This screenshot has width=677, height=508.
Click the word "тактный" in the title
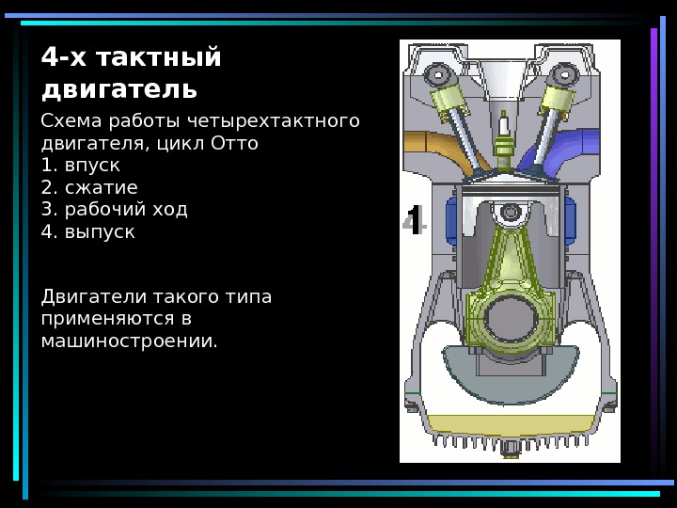[x=154, y=58]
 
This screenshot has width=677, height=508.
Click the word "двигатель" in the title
[x=119, y=89]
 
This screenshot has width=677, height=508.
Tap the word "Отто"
[x=234, y=145]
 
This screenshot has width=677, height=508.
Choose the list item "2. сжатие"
[x=89, y=187]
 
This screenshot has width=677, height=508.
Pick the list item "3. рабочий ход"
[x=115, y=209]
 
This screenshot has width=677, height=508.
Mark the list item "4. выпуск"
[x=88, y=230]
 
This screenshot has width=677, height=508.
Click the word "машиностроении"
[x=129, y=340]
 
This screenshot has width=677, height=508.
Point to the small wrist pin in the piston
[x=509, y=216]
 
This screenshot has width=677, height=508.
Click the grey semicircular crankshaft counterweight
[x=509, y=372]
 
